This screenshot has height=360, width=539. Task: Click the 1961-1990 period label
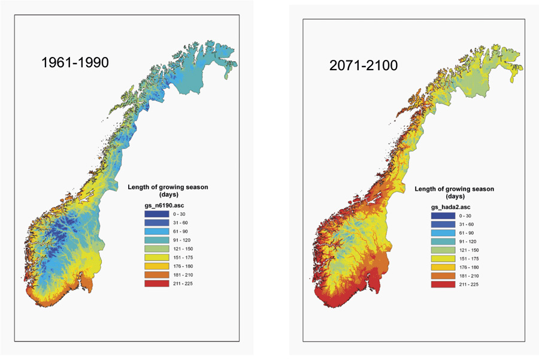(x=75, y=62)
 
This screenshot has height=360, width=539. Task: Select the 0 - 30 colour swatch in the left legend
(x=156, y=214)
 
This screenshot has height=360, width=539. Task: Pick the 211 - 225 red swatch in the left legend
(x=156, y=283)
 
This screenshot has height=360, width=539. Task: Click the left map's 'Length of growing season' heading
(x=168, y=187)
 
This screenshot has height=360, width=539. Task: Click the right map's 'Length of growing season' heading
(x=456, y=189)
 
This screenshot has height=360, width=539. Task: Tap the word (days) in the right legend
(x=456, y=196)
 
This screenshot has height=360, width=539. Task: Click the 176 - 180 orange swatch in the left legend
(x=156, y=265)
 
